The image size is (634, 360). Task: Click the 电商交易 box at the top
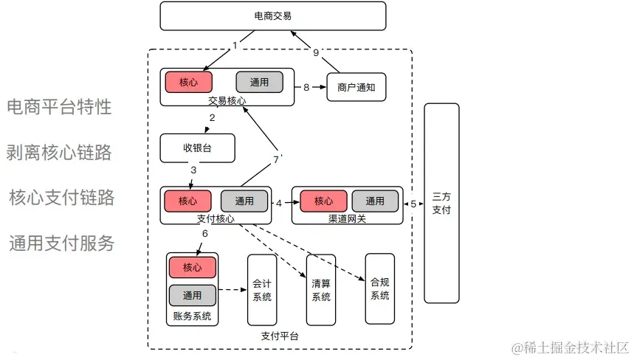pyautogui.click(x=273, y=15)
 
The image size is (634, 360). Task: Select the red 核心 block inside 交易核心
pyautogui.click(x=188, y=82)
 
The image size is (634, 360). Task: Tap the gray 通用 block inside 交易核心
pyautogui.click(x=259, y=82)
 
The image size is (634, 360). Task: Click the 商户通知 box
pyautogui.click(x=356, y=87)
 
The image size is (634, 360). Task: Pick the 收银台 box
pyautogui.click(x=197, y=148)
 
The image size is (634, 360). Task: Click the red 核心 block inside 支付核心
pyautogui.click(x=187, y=201)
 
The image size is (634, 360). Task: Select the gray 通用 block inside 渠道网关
pyautogui.click(x=375, y=201)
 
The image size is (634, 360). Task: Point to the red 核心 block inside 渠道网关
pyautogui.click(x=323, y=201)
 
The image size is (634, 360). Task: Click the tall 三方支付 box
pyautogui.click(x=441, y=203)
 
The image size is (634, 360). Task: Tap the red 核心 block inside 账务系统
pyautogui.click(x=192, y=266)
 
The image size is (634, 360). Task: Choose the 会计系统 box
pyautogui.click(x=262, y=289)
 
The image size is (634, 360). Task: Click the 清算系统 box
pyautogui.click(x=321, y=289)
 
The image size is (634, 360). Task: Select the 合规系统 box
pyautogui.click(x=379, y=288)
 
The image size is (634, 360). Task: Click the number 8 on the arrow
pyautogui.click(x=306, y=87)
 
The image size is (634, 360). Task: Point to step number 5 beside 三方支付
pyautogui.click(x=413, y=204)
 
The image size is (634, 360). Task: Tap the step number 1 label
pyautogui.click(x=235, y=46)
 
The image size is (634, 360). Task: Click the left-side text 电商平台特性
pyautogui.click(x=59, y=107)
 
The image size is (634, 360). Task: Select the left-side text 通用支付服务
pyautogui.click(x=62, y=243)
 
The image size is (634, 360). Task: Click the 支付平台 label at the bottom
pyautogui.click(x=280, y=336)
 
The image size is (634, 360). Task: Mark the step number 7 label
pyautogui.click(x=276, y=159)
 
